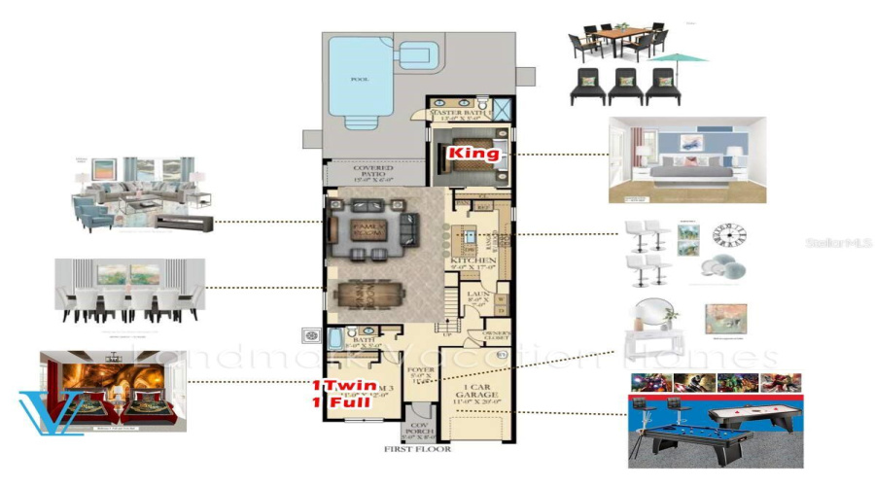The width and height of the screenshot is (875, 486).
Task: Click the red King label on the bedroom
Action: (x=472, y=154)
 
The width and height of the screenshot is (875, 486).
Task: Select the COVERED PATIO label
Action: (x=372, y=173)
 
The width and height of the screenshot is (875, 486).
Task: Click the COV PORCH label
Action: (x=420, y=430)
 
